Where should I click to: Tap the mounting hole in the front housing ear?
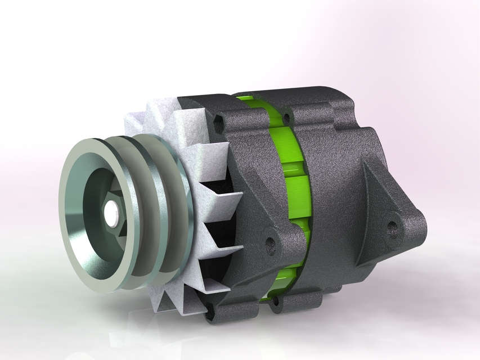click(270, 244)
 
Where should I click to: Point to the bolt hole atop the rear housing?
click(287, 119)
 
